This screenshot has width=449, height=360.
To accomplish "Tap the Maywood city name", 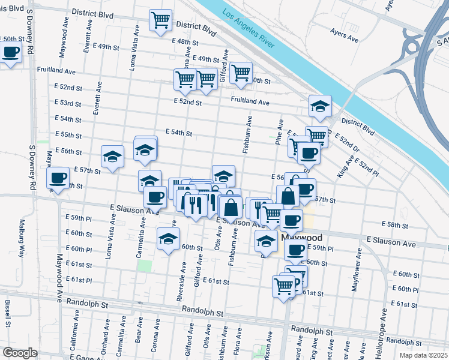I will click(x=301, y=238).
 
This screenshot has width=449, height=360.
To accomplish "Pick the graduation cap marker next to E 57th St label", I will click(x=112, y=157).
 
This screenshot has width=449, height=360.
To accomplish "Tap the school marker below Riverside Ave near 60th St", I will click(x=168, y=239).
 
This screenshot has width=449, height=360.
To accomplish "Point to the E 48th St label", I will click(x=184, y=41).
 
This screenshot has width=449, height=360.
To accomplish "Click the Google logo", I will click(x=20, y=353).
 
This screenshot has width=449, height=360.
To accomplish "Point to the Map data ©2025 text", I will click(x=423, y=355).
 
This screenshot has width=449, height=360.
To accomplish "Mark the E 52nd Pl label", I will click(x=367, y=167).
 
